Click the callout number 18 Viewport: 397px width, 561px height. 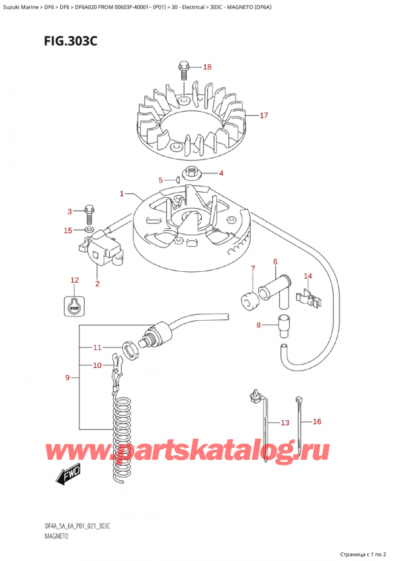pos(207,67)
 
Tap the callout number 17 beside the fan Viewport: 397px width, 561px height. pos(263,116)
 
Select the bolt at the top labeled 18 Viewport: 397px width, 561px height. pos(183,69)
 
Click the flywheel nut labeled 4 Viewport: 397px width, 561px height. pos(195,173)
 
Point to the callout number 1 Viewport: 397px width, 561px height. pos(122,194)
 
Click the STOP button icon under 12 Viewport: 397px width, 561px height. pos(74,305)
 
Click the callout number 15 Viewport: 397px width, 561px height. pos(68,230)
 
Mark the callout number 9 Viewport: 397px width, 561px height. pos(67,378)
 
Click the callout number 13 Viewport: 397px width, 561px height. pos(285,423)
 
